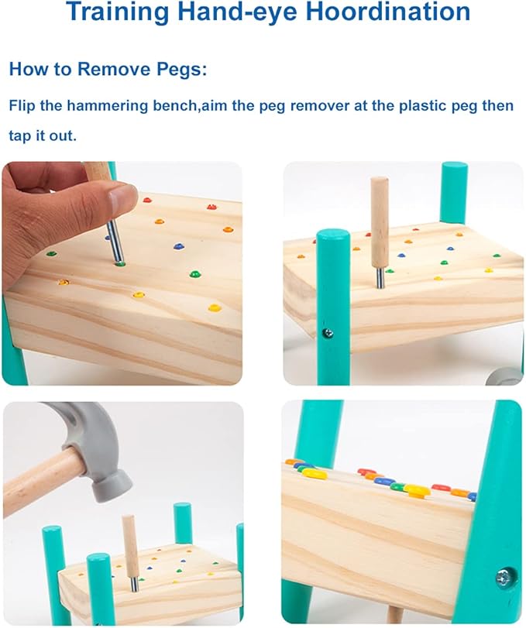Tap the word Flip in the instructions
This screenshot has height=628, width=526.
point(22,106)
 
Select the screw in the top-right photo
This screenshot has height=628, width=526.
point(328,332)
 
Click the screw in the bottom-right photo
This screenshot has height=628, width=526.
point(504,576)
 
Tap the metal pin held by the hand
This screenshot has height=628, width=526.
point(115,241)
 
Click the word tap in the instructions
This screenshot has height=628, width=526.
point(19,136)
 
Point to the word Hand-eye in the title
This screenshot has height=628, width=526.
point(239,13)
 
